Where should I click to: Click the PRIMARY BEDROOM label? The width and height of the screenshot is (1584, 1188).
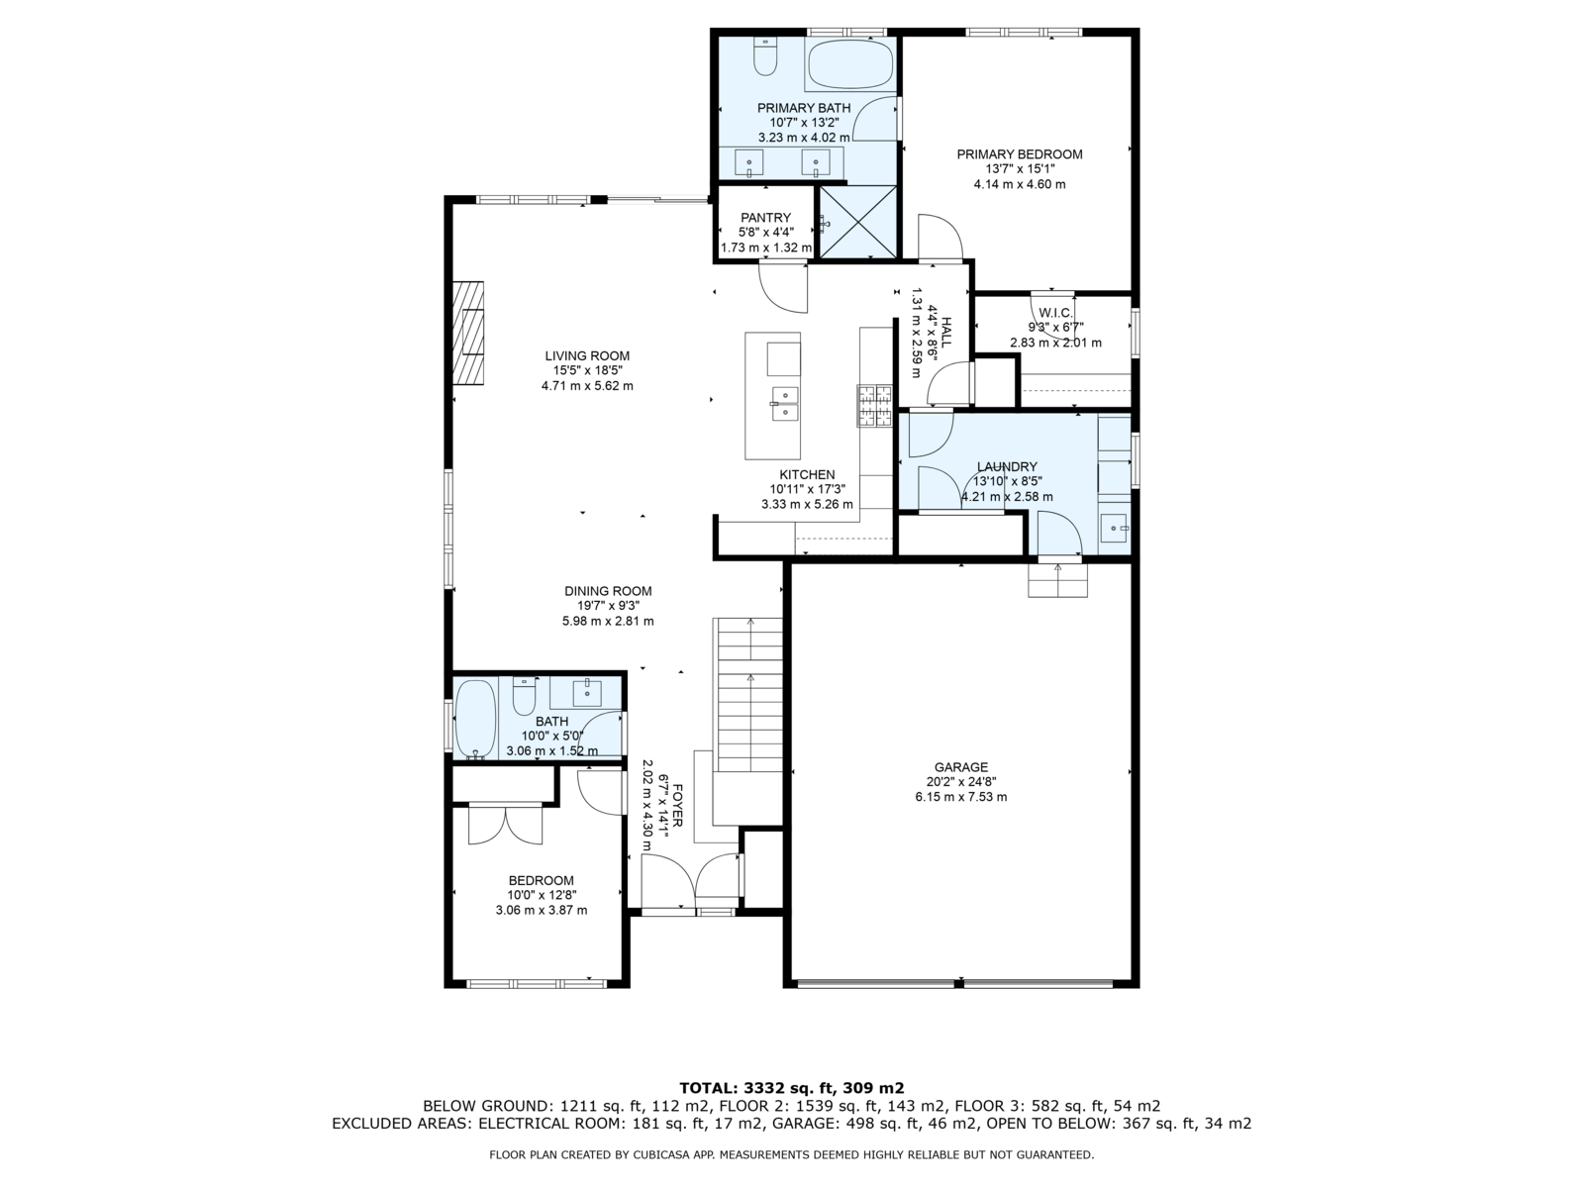pos(1019,154)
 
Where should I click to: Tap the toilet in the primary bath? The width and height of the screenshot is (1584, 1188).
pos(764,56)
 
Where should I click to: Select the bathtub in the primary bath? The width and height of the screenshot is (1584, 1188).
pos(849,64)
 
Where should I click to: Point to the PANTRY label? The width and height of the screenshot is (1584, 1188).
pos(765,217)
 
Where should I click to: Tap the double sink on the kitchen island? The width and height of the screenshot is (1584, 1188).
pos(784,403)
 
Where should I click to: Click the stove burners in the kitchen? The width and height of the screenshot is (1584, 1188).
pos(874,406)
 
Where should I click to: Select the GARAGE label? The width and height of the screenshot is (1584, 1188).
pos(961,766)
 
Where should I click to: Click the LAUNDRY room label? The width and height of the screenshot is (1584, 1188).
pos(1007,466)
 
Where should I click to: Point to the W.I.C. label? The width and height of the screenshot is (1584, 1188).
pos(1055,313)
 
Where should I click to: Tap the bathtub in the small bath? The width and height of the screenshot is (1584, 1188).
pos(475,719)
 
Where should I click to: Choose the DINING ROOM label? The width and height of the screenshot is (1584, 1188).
pos(608,591)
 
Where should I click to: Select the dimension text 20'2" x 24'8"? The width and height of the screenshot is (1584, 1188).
pos(961,781)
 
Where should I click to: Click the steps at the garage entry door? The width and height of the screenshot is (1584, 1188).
pos(1058,580)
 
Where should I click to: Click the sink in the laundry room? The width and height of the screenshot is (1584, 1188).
pos(1114,529)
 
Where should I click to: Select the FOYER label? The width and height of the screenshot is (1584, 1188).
pos(677,806)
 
